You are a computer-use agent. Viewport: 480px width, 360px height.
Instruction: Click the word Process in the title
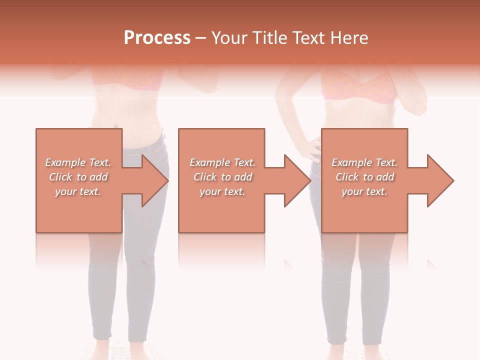coord(157,38)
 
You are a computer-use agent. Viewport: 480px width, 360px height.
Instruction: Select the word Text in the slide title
coord(308,38)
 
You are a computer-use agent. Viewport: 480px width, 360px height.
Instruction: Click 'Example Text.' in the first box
coord(78,162)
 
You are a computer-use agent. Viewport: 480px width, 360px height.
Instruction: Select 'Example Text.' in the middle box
coord(222,162)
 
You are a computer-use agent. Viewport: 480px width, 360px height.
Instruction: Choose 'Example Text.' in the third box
coord(364,162)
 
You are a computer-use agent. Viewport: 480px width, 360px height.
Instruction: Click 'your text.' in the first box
coord(78,191)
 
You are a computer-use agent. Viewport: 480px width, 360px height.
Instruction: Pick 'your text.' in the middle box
coord(222,191)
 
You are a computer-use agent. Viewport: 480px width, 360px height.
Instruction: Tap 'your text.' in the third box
coord(364,191)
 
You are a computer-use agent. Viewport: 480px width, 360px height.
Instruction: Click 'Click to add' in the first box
coord(78,177)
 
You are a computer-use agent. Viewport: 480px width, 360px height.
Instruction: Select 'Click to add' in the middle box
coord(222,177)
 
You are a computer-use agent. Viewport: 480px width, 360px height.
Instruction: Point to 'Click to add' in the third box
coord(364,177)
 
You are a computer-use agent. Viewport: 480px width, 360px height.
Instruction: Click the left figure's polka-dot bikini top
coord(127,80)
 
